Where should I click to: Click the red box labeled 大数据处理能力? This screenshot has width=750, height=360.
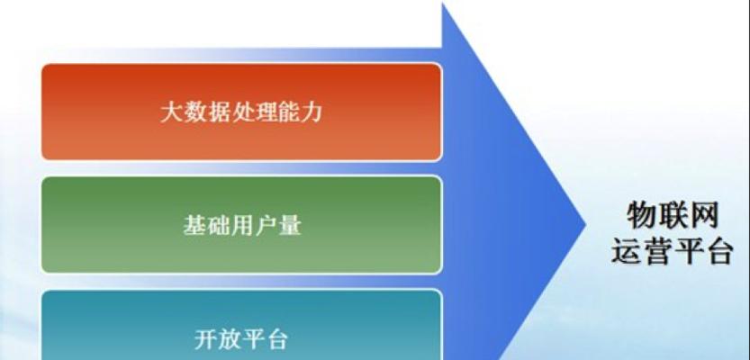[x=241, y=112]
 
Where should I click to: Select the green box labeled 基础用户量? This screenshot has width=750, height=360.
[x=241, y=225]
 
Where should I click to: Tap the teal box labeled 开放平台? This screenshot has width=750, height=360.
[x=241, y=325]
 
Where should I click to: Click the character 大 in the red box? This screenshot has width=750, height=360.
[x=171, y=112]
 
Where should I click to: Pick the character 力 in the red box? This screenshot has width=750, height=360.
[x=311, y=112]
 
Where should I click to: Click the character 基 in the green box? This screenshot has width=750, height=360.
[x=194, y=225]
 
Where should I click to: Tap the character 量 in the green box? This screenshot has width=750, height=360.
[x=289, y=225]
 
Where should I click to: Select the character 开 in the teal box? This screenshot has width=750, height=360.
[x=206, y=339]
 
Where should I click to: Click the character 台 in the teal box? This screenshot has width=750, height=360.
[x=276, y=339]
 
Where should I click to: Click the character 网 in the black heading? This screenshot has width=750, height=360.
[x=703, y=216]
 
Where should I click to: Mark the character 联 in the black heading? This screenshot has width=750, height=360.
[x=673, y=216]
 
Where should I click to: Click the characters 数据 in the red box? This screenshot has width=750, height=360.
[x=205, y=112]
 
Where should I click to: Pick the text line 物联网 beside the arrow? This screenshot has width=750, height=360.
[x=673, y=216]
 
